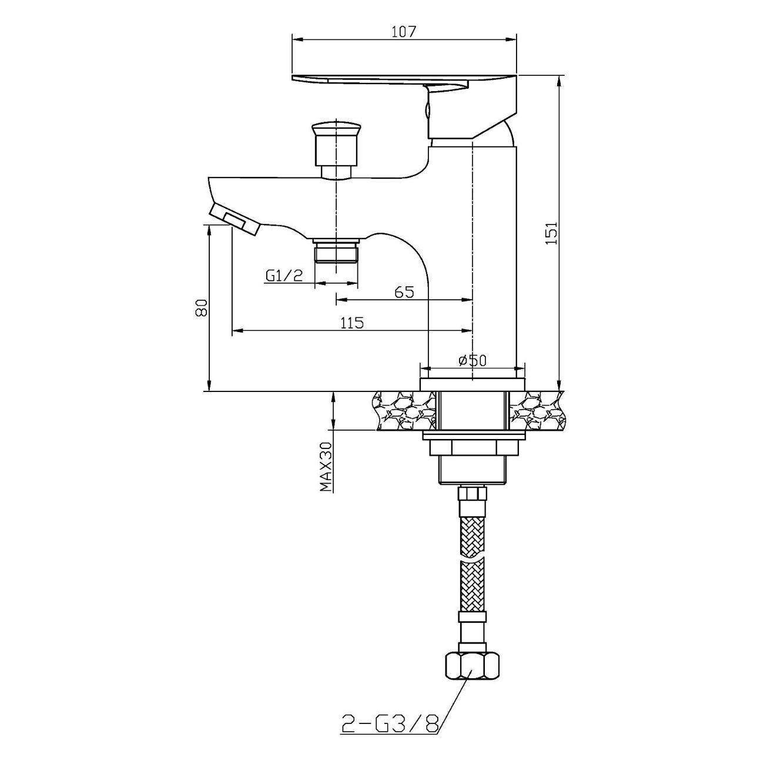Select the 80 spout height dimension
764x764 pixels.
201,307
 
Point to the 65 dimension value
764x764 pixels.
404,292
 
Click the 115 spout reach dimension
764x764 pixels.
351,323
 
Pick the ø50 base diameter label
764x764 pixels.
472,360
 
